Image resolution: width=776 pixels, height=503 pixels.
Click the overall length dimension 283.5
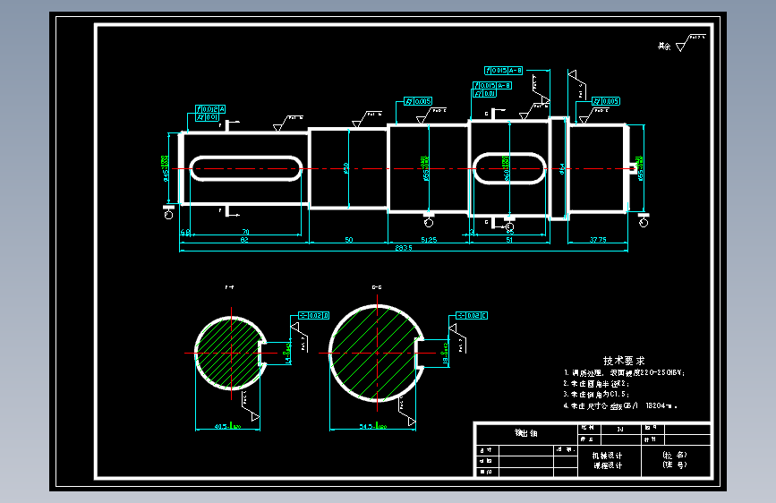pos(403,248)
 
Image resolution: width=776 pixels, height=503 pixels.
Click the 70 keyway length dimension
pos(243,233)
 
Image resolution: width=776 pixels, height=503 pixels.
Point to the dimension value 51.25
pos(428,239)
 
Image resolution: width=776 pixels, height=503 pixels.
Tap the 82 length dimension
pos(243,240)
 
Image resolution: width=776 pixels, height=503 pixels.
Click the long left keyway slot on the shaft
pos(243,167)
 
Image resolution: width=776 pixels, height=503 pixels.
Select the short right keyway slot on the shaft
pos(508,167)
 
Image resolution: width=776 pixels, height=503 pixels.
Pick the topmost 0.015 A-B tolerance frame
pos(504,69)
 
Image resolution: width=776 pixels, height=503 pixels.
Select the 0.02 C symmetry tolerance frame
pos(471,315)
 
